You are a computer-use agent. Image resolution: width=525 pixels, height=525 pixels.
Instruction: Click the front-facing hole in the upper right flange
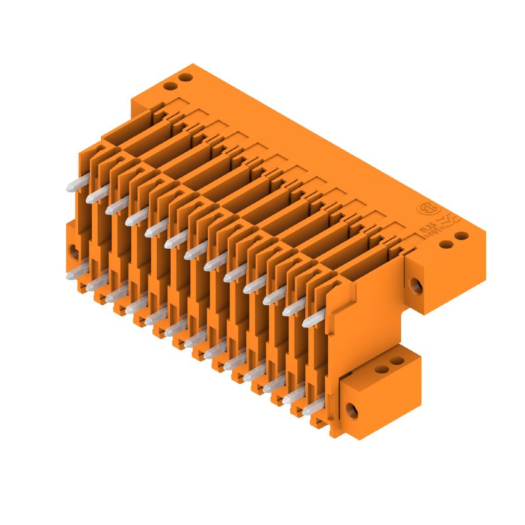click(415, 284)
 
